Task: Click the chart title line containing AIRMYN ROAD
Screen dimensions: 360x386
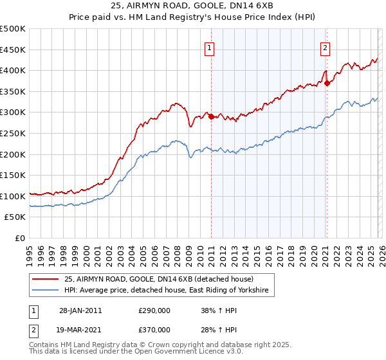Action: coord(192,6)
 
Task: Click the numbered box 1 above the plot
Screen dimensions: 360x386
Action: coord(210,47)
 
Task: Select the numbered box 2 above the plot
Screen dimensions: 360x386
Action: coord(326,47)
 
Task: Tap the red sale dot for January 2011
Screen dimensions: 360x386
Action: coord(211,116)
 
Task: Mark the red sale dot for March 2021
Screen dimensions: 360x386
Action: coord(327,83)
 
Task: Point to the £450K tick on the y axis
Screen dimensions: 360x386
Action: coord(12,50)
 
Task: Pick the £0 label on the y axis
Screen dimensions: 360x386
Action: coord(21,239)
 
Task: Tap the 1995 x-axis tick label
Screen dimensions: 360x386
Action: coord(30,251)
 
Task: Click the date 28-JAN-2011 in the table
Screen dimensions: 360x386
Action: coord(80,310)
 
